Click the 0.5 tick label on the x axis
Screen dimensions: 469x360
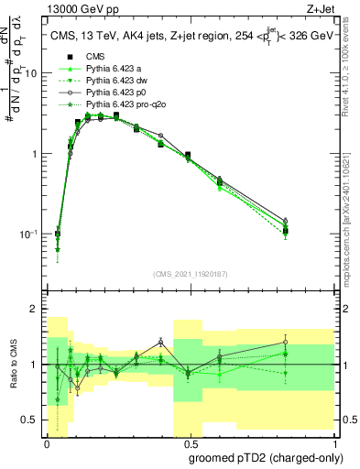(189, 442)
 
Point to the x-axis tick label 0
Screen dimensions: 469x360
(47, 442)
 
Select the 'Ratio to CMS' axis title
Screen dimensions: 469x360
(13, 365)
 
